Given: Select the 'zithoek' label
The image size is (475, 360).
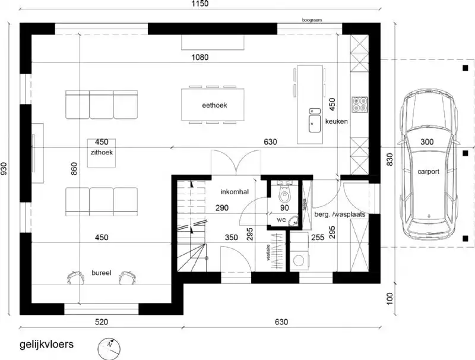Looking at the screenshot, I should (x=102, y=152).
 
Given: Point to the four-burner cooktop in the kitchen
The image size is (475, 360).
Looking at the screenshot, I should (x=360, y=105).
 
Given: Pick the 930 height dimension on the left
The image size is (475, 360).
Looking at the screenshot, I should (x=5, y=170).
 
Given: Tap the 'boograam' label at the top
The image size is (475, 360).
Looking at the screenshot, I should (x=312, y=20).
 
